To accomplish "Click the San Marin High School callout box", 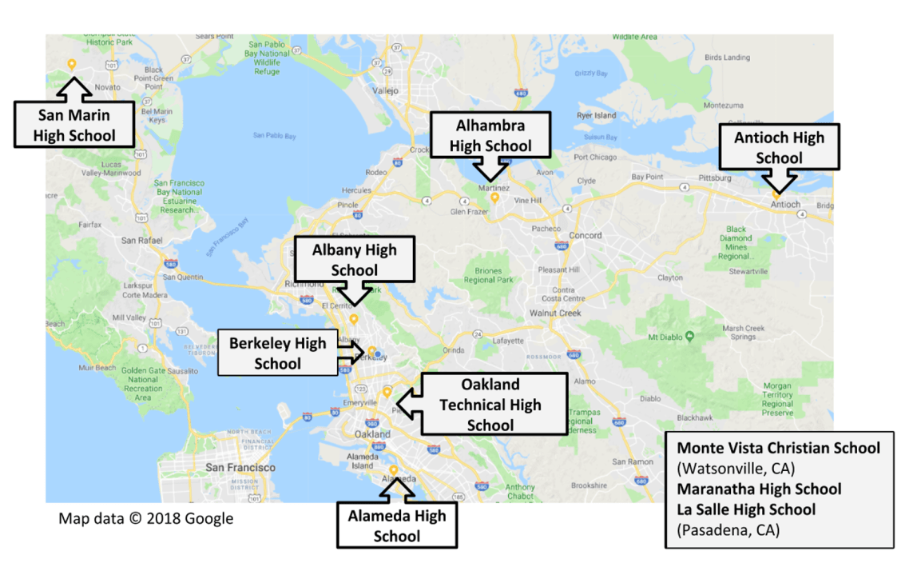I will (74, 125).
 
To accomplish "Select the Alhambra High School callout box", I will (490, 135).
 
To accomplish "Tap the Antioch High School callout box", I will (779, 147).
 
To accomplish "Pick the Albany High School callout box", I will (354, 260).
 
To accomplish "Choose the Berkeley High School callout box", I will (277, 353).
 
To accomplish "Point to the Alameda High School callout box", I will (396, 525).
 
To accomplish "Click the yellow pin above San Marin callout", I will (71, 64).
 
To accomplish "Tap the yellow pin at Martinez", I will (494, 198).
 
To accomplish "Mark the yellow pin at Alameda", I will (394, 470).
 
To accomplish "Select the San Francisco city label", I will (240, 467).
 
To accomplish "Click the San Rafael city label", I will (141, 240).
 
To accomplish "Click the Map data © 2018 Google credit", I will (146, 518).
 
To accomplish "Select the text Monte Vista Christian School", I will (778, 448).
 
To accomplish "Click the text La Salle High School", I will (746, 509).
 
